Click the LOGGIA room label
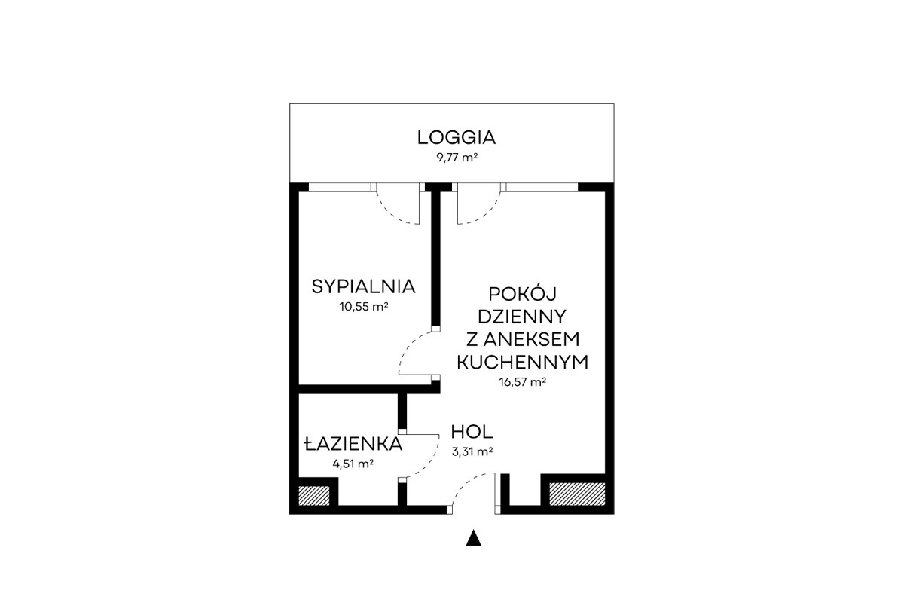(x=456, y=138)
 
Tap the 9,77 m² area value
(x=457, y=157)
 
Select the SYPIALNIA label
(x=363, y=286)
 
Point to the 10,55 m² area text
(x=364, y=307)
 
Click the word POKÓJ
(x=522, y=294)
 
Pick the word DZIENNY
(x=522, y=317)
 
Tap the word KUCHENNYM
(x=522, y=363)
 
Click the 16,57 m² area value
(x=523, y=381)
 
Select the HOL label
(x=472, y=432)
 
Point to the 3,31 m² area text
(x=472, y=451)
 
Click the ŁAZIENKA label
(x=353, y=444)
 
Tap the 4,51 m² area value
(x=353, y=464)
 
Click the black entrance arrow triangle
(x=473, y=538)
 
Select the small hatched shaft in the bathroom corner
(x=314, y=495)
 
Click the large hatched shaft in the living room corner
(x=577, y=494)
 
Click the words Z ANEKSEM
(x=523, y=339)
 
